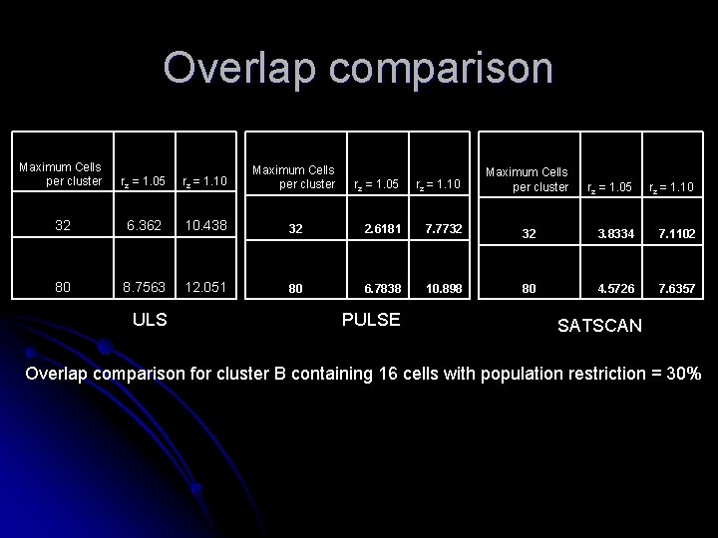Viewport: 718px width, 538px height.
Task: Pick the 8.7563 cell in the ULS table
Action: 143,287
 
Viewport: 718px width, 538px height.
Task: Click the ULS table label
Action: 150,320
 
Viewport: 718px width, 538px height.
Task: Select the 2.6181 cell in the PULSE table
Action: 382,228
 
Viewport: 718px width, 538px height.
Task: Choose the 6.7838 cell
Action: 382,289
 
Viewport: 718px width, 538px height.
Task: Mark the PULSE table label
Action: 370,320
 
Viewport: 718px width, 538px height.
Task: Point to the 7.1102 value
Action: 675,234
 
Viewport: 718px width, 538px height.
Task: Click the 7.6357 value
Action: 675,289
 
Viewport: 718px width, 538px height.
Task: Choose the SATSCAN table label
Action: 599,326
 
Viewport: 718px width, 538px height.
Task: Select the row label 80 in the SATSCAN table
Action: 529,289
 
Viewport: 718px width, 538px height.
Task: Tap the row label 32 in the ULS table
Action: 63,225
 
